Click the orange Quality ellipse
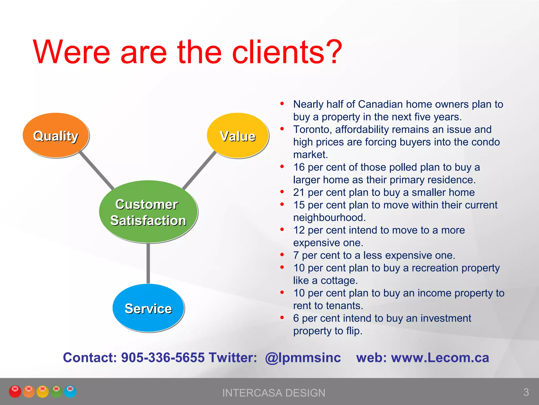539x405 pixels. tap(56, 135)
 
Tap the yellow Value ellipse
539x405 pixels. tap(237, 136)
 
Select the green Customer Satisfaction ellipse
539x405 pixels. tap(148, 212)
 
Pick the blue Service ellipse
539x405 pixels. tap(148, 308)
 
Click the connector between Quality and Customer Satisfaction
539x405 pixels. tap(97, 170)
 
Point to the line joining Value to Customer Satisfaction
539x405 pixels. tap(199, 170)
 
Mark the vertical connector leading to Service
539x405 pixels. tap(148, 263)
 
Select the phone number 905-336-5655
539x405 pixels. tap(163, 358)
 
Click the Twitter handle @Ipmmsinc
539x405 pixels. tap(303, 358)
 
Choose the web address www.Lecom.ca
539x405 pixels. tap(440, 358)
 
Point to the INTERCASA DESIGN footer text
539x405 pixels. tap(274, 393)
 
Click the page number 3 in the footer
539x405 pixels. tap(526, 392)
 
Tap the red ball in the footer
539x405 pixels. tap(15, 391)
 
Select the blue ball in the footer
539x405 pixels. tap(70, 391)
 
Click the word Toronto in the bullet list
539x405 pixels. tap(312, 129)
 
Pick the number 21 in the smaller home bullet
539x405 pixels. tap(299, 192)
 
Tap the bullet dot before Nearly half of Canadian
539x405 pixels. tap(282, 104)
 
